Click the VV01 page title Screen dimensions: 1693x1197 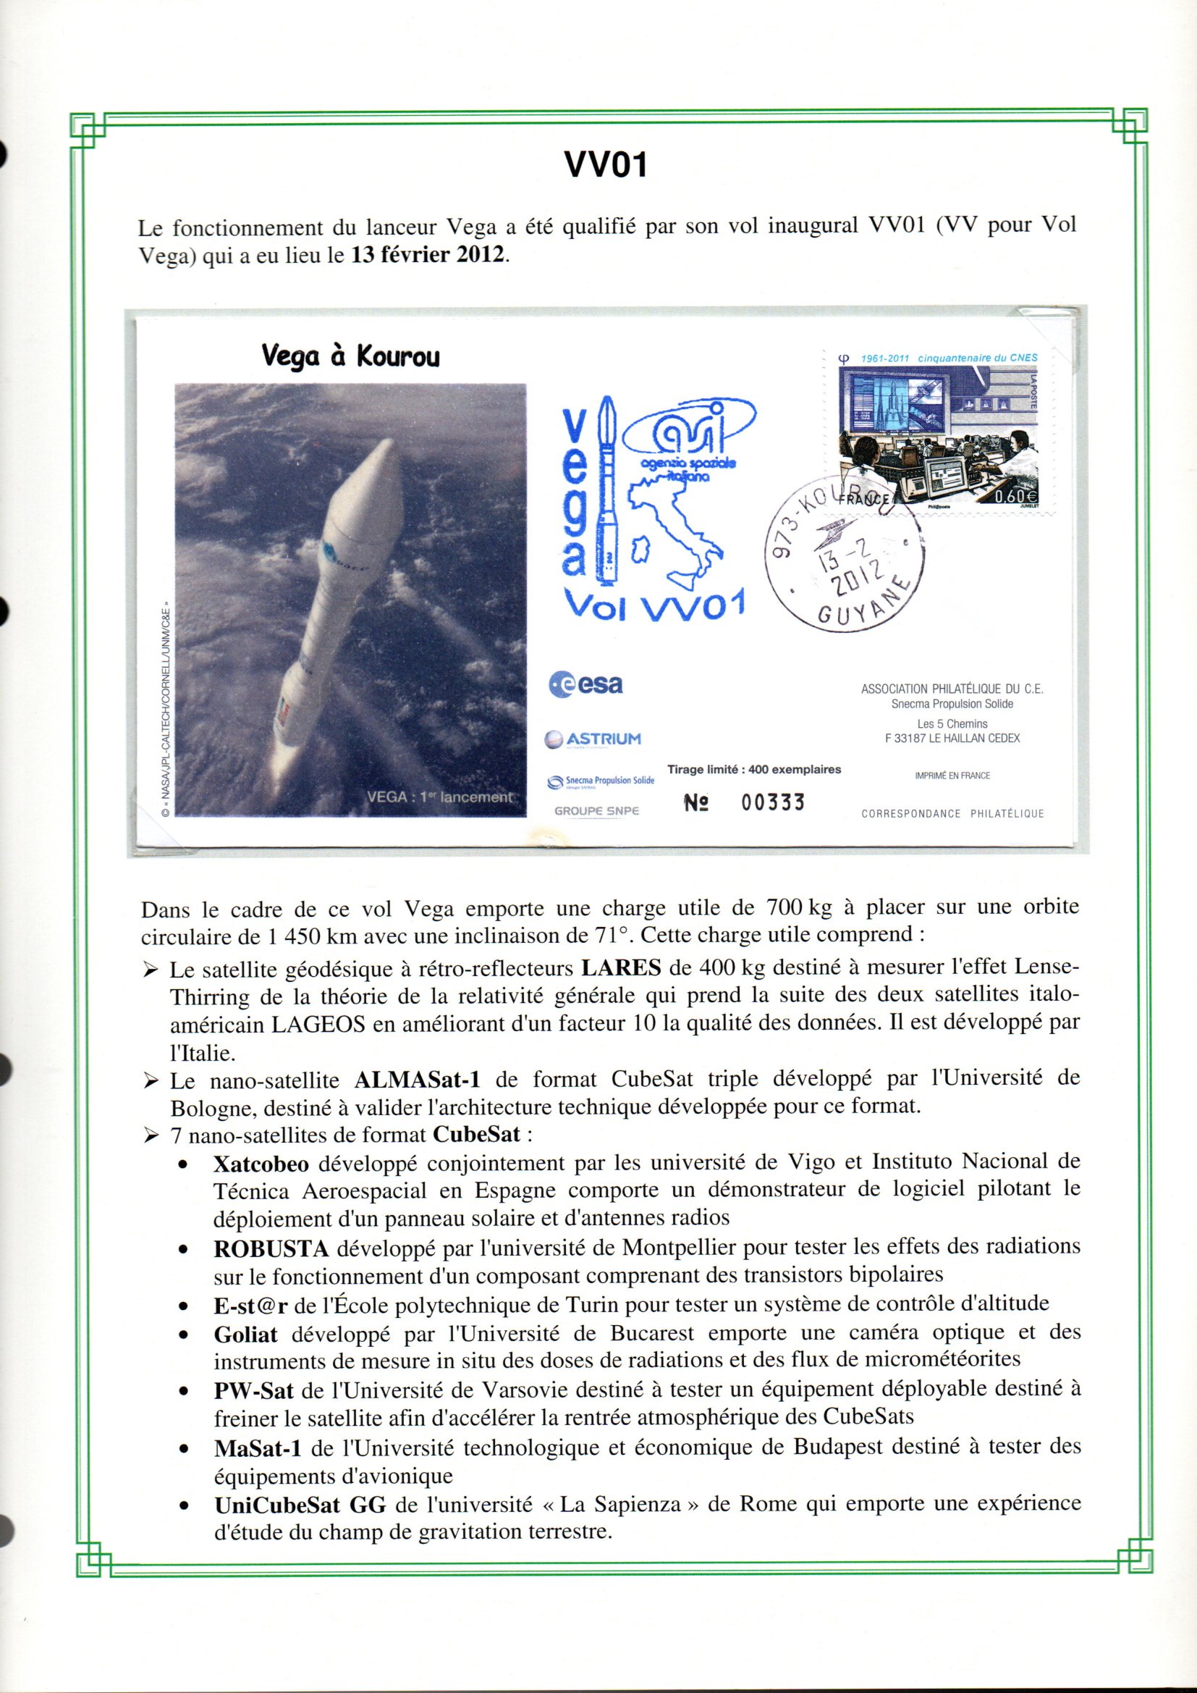pos(605,164)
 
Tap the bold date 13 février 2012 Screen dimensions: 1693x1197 pos(429,255)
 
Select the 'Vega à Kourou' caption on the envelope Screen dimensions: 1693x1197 pos(350,357)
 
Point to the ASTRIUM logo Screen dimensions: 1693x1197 pos(593,739)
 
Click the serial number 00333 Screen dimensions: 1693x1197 pos(772,803)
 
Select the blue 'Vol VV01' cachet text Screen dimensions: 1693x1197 pos(653,605)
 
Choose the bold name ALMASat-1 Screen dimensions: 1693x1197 pos(417,1080)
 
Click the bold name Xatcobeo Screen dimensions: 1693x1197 pos(261,1164)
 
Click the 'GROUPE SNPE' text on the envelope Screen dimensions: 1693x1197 pos(596,811)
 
